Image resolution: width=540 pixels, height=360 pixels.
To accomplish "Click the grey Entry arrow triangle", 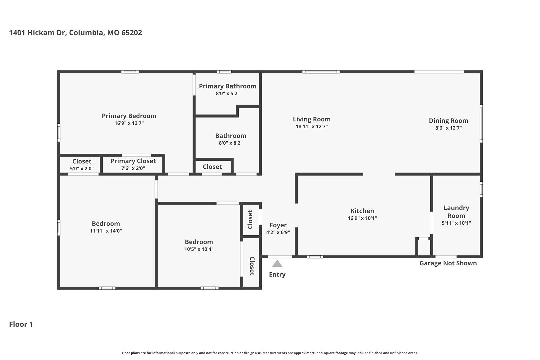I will coord(277,264).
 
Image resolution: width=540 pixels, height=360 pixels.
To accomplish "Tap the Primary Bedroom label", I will coord(129,116).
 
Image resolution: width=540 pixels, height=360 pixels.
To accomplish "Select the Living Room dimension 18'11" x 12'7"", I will coord(312,126).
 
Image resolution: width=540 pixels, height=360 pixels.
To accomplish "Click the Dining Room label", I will coord(448,121).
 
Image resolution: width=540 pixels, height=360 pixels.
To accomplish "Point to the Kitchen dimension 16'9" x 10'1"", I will coord(362,218).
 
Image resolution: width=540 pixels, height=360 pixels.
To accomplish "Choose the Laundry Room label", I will coord(456,212).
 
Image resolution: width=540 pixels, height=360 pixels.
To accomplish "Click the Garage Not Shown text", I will coord(448,263).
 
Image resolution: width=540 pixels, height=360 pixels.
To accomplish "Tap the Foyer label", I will coord(278,225).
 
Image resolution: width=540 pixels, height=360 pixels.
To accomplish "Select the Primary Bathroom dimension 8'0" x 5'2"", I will coord(228,93).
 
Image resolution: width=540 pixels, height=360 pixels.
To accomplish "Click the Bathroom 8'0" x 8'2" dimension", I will coord(231,143).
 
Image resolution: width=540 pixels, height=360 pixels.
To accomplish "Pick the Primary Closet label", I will coord(133,161).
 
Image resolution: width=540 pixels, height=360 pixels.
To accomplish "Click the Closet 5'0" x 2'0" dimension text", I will coord(82,169).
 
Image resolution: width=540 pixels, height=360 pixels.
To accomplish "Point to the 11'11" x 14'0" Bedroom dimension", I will coord(106,231).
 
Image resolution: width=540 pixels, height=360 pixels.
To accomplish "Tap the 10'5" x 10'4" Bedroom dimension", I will coord(199,249).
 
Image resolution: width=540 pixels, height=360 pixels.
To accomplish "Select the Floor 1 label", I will coord(21,324).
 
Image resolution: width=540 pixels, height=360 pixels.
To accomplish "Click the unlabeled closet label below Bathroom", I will coord(212,167).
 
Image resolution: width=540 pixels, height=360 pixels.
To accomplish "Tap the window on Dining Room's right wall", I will coord(481,123).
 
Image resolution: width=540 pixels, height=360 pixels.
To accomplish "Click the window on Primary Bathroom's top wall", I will coord(224,72).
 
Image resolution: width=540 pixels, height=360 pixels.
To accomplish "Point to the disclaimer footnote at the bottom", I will coord(270,353).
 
